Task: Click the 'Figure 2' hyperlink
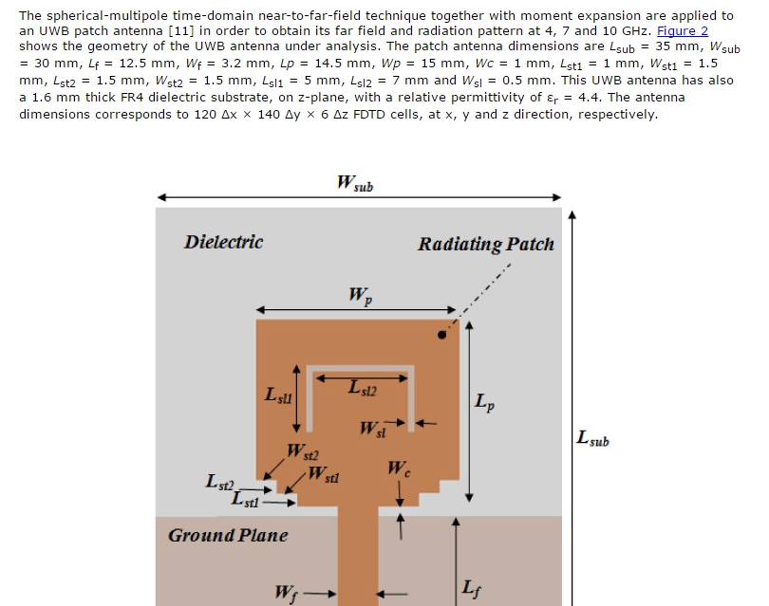[x=683, y=31]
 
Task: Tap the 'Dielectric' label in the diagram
[x=224, y=242]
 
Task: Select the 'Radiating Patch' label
[x=486, y=244]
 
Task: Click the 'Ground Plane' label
[x=228, y=536]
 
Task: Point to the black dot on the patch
[x=441, y=335]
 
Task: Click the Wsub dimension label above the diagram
[x=355, y=183]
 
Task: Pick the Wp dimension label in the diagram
[x=361, y=295]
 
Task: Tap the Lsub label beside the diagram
[x=592, y=438]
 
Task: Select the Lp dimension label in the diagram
[x=484, y=402]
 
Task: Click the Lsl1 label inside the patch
[x=278, y=395]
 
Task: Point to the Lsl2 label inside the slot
[x=363, y=388]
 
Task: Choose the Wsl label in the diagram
[x=373, y=429]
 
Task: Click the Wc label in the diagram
[x=399, y=468]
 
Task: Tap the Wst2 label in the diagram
[x=303, y=451]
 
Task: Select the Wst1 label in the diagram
[x=323, y=474]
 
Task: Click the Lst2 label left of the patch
[x=219, y=482]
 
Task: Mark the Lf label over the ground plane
[x=471, y=588]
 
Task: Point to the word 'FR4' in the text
[x=132, y=97]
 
